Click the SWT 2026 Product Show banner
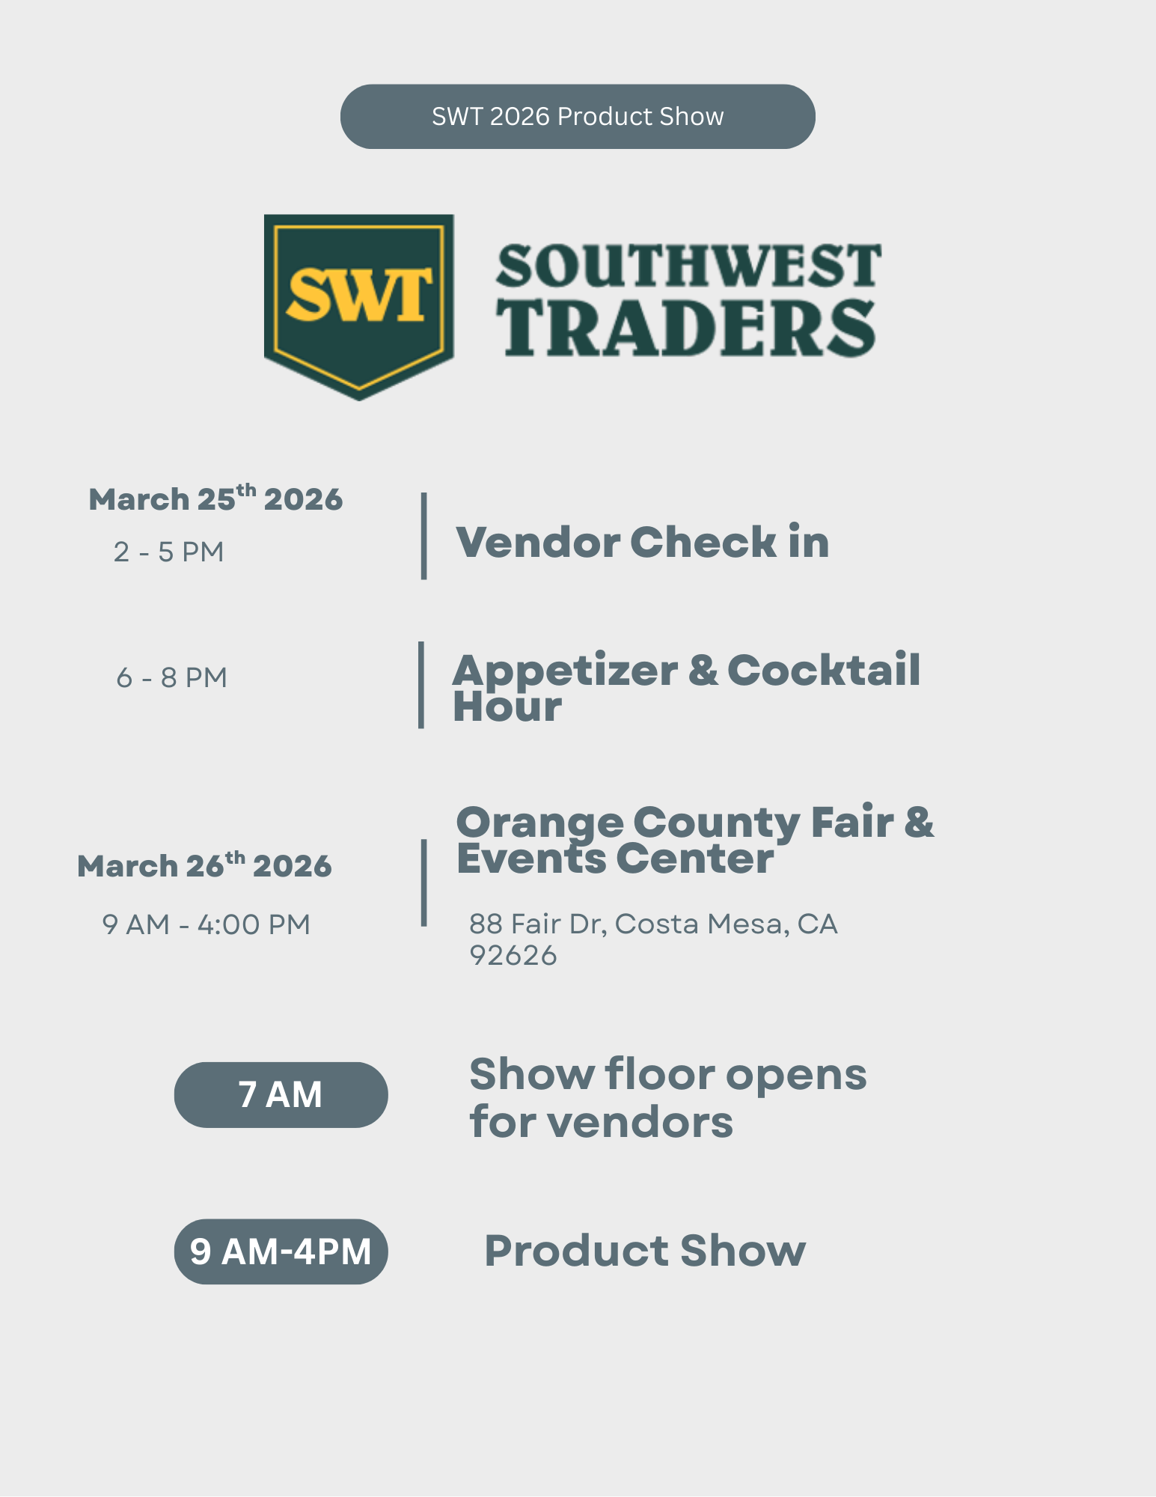pos(578,117)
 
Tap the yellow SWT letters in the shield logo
pos(359,295)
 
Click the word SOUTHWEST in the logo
pos(688,266)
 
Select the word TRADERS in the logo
pos(685,329)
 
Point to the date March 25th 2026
pos(215,499)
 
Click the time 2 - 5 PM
pos(169,552)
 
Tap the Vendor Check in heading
pos(642,542)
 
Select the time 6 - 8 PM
pos(172,678)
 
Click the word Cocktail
pos(823,670)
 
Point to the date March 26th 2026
pos(204,866)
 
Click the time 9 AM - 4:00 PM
pos(207,925)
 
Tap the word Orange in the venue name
pos(539,823)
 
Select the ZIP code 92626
pos(513,956)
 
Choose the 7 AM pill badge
pos(281,1095)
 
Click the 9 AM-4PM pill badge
pos(281,1251)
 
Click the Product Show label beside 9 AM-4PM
pos(645,1251)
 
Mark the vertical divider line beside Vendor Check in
pos(424,536)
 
